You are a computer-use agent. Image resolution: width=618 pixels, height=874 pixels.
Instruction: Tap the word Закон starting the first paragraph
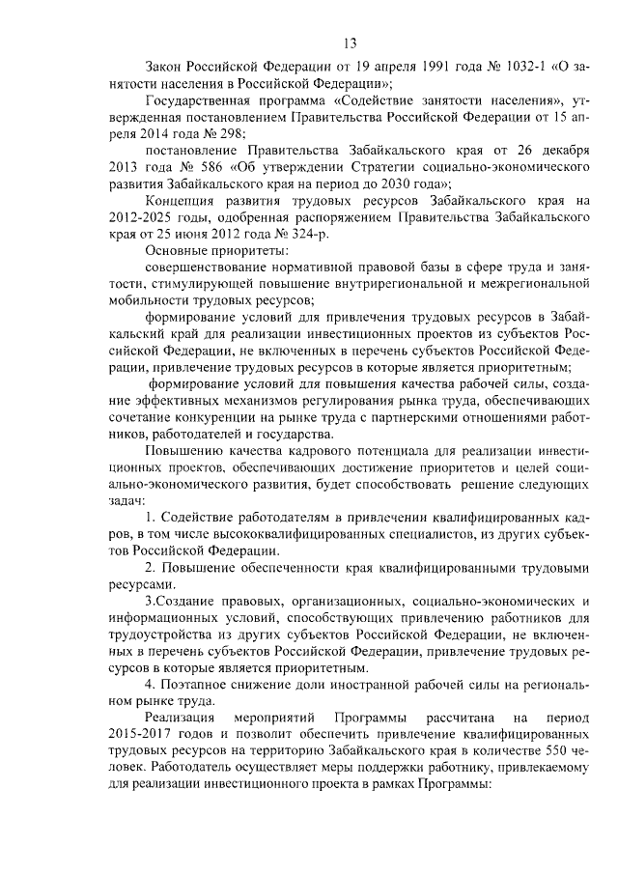point(163,70)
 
